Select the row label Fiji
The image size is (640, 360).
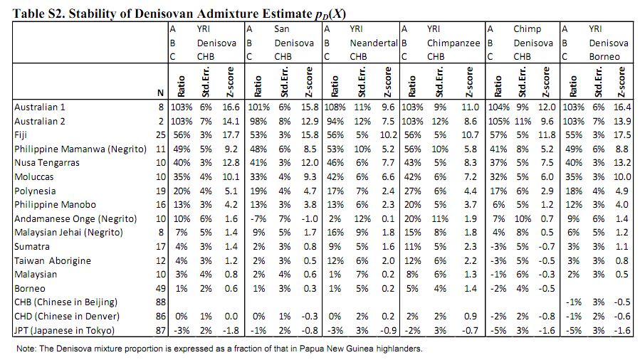(x=21, y=133)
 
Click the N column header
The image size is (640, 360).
(x=160, y=92)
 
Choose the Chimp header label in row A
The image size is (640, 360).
(x=527, y=29)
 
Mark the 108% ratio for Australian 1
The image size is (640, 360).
(x=335, y=107)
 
